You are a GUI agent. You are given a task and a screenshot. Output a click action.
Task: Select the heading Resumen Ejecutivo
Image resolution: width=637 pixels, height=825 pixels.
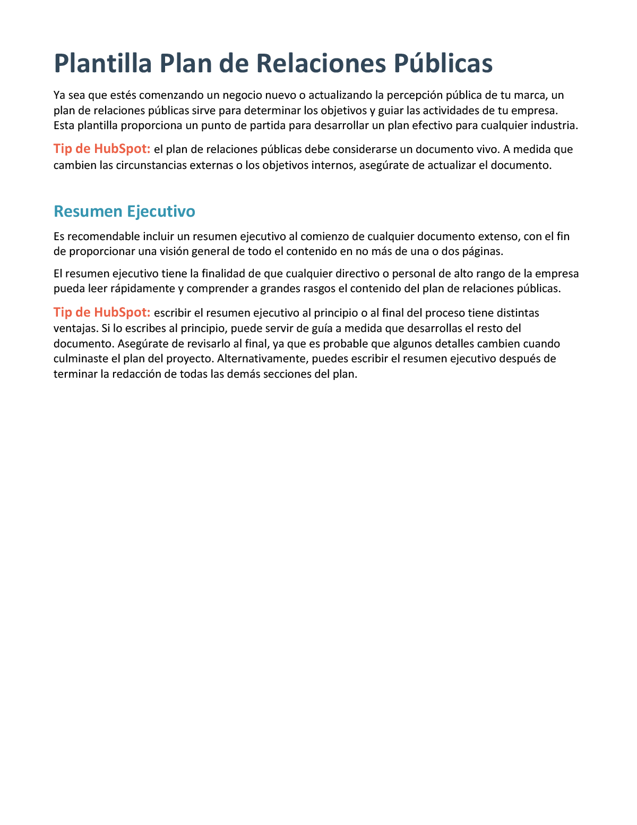coord(124,211)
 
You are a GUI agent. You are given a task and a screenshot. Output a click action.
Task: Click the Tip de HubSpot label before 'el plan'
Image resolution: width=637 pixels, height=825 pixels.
coord(102,149)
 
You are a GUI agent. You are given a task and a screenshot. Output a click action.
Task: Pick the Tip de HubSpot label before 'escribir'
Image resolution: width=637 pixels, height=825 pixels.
coord(102,312)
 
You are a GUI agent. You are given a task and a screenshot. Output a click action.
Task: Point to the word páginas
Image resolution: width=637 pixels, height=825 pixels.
coord(483,251)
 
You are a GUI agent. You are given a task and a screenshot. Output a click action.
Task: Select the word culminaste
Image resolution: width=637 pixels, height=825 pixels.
coord(79,359)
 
